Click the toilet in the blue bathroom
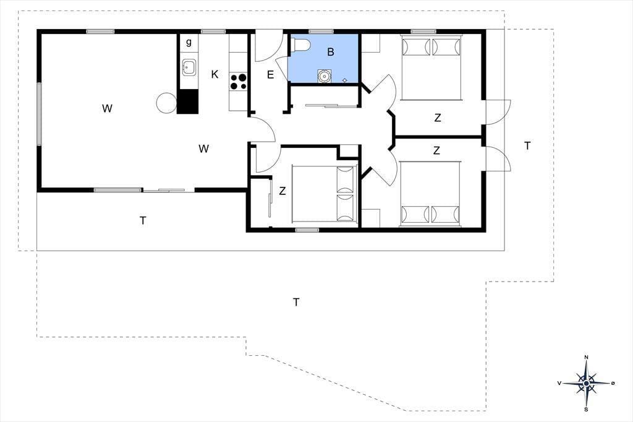point(301,45)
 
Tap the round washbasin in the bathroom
point(324,75)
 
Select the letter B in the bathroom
point(331,52)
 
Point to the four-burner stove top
point(238,81)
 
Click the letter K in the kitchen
point(215,74)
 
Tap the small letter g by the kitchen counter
point(189,42)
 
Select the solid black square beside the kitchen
point(188,101)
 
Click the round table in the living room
point(166,103)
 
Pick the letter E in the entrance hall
point(271,75)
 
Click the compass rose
point(586,383)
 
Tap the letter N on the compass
point(586,357)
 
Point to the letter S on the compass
point(586,410)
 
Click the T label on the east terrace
point(527,146)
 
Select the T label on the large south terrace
point(296,302)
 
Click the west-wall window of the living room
point(39,114)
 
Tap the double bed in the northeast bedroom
point(431,68)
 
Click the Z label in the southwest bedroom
point(283,191)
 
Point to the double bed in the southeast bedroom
point(430,192)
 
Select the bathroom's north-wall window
point(321,32)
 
